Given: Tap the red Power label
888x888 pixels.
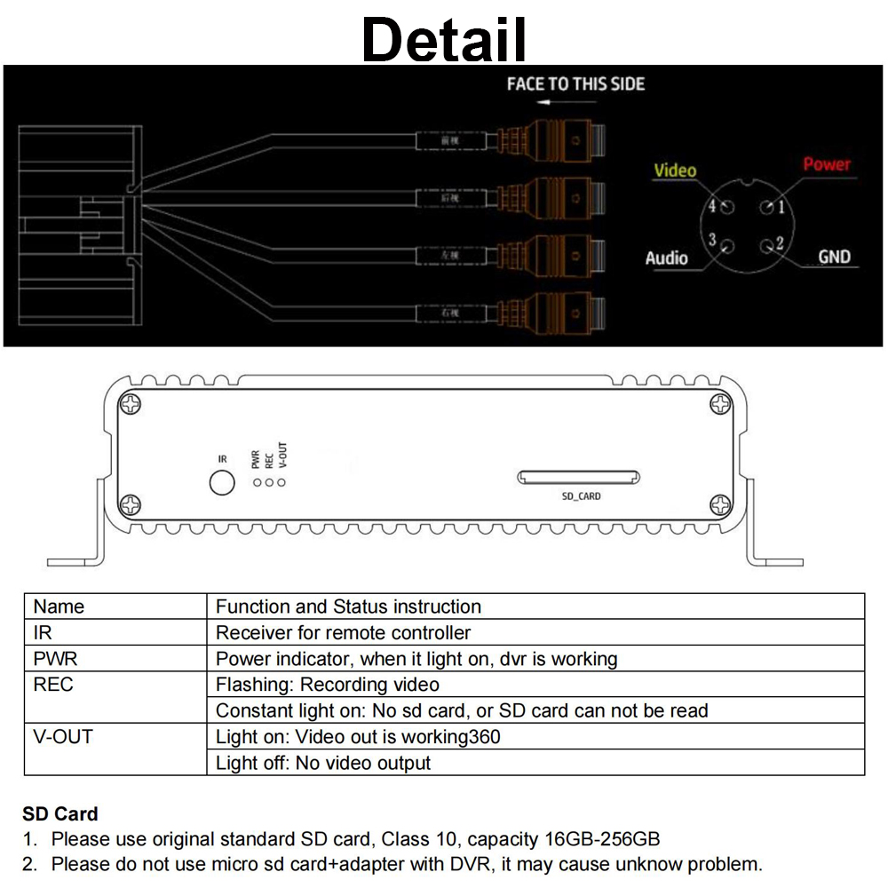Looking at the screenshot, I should [826, 164].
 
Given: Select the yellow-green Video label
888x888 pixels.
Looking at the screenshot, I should [675, 170].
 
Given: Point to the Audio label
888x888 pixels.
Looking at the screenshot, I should [666, 258].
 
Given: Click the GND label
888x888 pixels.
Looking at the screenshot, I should [834, 257].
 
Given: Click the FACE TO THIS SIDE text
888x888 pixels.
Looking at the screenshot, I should [575, 84].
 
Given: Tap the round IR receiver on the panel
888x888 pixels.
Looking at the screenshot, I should [221, 482].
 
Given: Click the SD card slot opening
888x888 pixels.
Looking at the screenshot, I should [579, 477].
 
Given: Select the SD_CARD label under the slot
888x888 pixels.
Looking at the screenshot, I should [581, 496].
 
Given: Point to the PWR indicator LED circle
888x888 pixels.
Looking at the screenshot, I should [257, 482].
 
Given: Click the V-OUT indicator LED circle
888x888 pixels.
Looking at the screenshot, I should [281, 482].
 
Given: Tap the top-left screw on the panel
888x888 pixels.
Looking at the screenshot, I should [131, 404].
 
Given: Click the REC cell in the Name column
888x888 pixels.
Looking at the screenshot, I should [53, 685].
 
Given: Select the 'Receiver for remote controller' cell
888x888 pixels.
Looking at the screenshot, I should [343, 633].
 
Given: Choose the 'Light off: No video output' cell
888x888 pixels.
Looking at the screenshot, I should [323, 763].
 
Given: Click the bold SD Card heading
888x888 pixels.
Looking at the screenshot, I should [59, 813].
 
